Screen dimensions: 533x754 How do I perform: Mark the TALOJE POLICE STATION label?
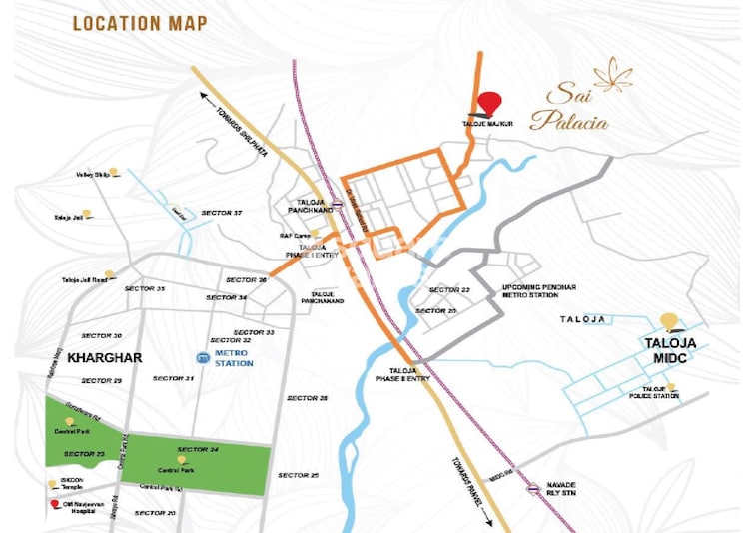click(660, 392)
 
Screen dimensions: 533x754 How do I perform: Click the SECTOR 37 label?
click(222, 213)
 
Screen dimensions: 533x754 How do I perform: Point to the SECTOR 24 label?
click(197, 449)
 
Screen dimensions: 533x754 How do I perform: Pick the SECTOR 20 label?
click(155, 512)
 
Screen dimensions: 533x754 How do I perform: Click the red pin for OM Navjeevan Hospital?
click(53, 504)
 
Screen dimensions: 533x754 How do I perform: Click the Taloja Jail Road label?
click(83, 279)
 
